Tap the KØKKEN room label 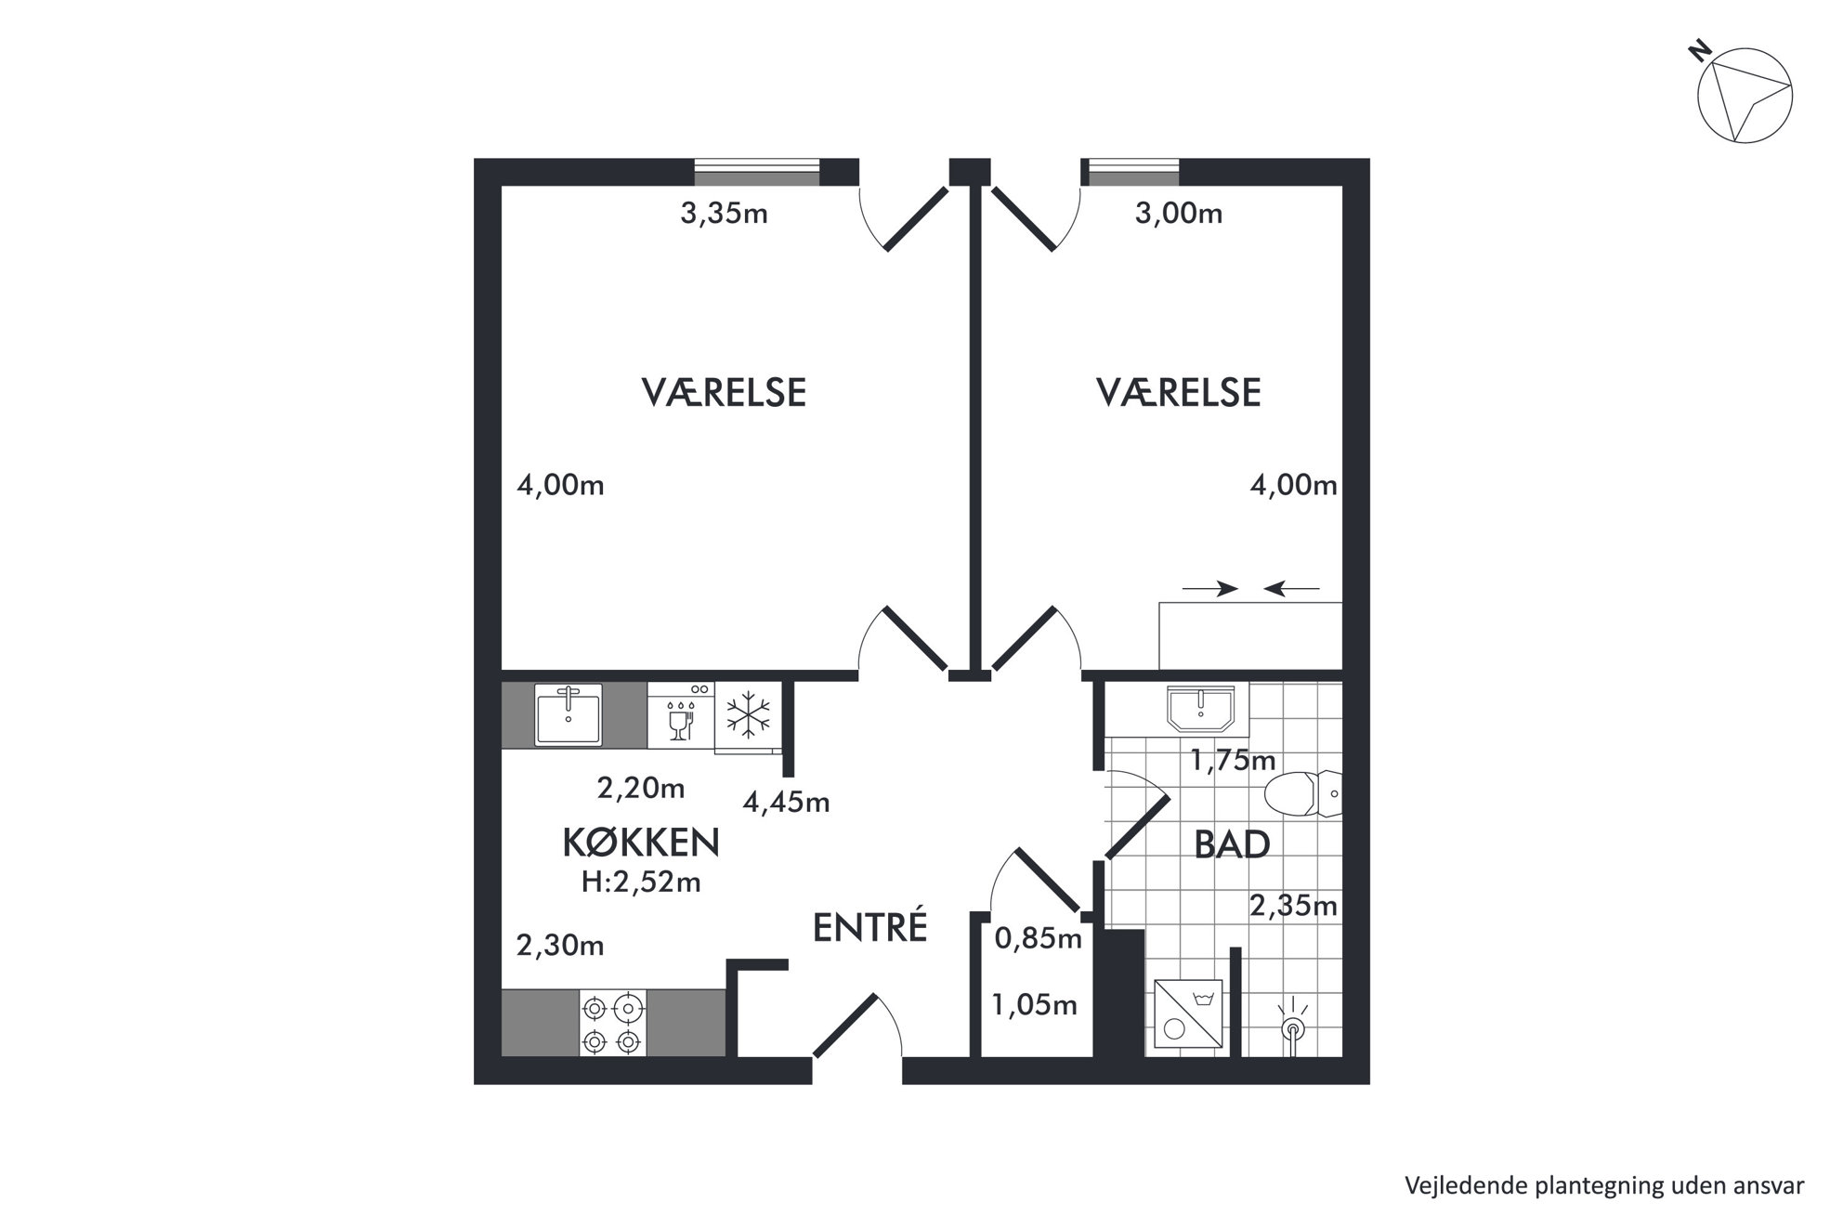click(641, 843)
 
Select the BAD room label click(1232, 844)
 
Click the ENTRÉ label click(869, 927)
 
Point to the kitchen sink click(568, 714)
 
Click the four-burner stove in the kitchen click(613, 1023)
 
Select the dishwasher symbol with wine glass click(681, 715)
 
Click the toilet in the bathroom click(1303, 793)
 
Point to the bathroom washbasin click(1201, 709)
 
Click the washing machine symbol click(1188, 1014)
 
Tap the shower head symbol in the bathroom click(1292, 1025)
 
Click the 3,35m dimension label click(724, 215)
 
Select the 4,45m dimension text click(786, 802)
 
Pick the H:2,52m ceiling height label click(641, 882)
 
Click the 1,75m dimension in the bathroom click(1234, 761)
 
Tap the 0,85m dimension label click(1039, 939)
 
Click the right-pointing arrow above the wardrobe click(1210, 588)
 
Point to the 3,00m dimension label click(1179, 215)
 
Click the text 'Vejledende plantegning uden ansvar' click(1604, 1185)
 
